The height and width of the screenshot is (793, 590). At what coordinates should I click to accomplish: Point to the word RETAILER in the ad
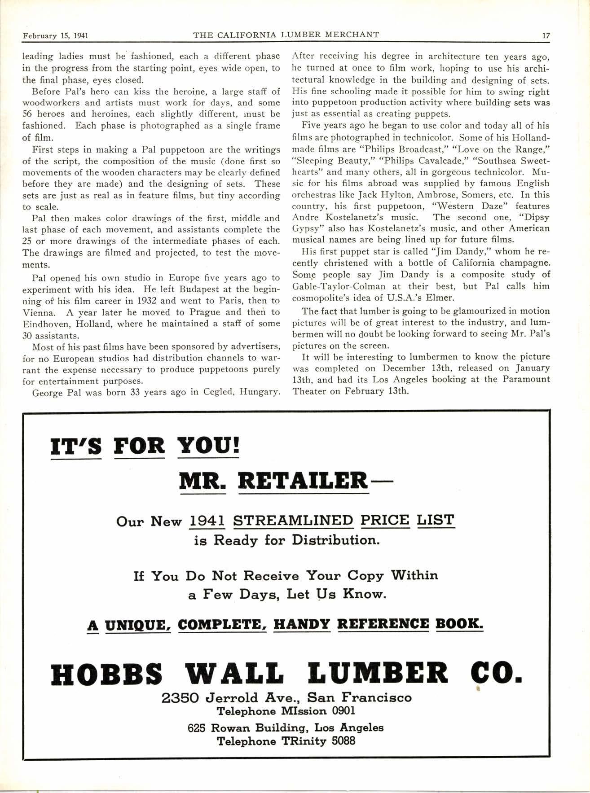(x=304, y=481)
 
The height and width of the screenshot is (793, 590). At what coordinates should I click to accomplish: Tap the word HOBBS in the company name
(x=106, y=675)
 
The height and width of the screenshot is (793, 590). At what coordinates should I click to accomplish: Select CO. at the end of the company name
(x=495, y=675)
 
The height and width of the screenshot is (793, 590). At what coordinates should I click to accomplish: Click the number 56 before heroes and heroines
(x=28, y=114)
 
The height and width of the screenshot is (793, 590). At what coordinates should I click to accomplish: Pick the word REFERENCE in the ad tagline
(x=383, y=624)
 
